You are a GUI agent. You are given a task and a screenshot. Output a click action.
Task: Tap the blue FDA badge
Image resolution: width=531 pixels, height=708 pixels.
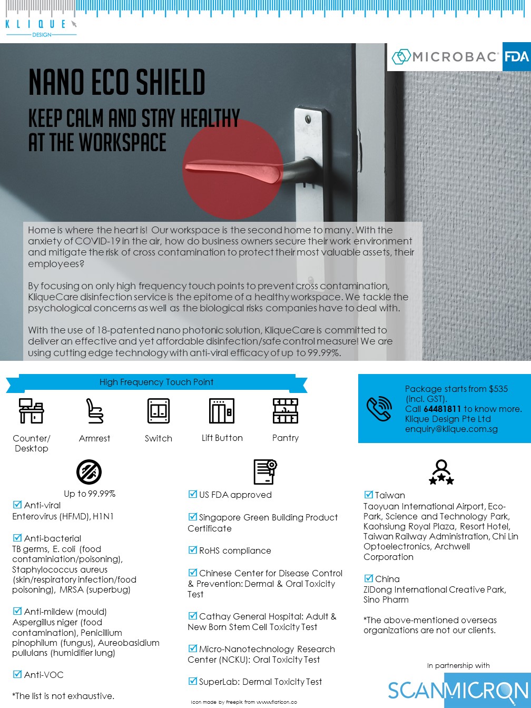point(516,56)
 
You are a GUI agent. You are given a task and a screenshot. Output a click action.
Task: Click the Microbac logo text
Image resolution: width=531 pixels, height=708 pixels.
point(446,57)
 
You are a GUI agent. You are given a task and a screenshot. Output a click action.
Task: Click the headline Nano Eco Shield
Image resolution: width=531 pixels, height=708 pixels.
point(116,83)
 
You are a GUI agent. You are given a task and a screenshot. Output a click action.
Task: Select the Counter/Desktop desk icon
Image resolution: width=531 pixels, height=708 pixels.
point(31,411)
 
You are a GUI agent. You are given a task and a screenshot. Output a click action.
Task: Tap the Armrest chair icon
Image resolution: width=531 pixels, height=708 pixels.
point(95,411)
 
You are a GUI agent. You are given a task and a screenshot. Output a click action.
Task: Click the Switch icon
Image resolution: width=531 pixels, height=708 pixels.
point(159,411)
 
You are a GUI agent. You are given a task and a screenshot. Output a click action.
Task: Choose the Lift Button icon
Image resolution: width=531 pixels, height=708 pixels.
point(222,411)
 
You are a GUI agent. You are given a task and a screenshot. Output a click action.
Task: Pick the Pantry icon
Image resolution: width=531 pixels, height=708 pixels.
point(286,411)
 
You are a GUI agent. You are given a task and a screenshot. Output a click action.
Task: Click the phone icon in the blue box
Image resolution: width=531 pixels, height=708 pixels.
point(379,408)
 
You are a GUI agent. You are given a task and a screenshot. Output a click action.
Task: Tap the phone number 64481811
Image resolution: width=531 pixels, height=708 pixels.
point(442,409)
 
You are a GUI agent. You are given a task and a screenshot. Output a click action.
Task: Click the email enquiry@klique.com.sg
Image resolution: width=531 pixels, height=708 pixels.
point(451,429)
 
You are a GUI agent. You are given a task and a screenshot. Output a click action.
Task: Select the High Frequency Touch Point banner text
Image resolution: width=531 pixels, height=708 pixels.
point(156,382)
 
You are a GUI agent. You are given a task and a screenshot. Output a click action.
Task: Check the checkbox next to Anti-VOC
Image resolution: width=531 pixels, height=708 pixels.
point(17,674)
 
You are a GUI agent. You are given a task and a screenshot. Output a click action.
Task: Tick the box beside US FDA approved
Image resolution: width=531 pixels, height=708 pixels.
point(192,494)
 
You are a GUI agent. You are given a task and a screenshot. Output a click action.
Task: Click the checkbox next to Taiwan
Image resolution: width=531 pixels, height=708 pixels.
point(368,494)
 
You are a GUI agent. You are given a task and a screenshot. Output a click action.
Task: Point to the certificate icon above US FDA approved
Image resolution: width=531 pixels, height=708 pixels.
point(265,471)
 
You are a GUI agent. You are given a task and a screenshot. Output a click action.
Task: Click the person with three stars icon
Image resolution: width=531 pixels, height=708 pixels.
point(441,472)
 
